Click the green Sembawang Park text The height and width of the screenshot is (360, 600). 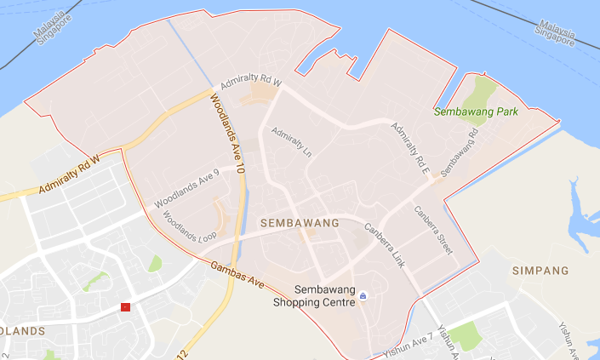[x=475, y=111]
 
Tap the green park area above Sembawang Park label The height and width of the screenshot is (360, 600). [x=481, y=88]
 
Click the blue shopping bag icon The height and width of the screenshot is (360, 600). [x=363, y=294]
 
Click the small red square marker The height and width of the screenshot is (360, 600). [x=126, y=306]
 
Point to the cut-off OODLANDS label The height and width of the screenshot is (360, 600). [x=21, y=330]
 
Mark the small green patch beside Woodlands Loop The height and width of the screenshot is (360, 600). [x=154, y=264]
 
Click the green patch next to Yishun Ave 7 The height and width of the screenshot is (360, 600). [x=465, y=335]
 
